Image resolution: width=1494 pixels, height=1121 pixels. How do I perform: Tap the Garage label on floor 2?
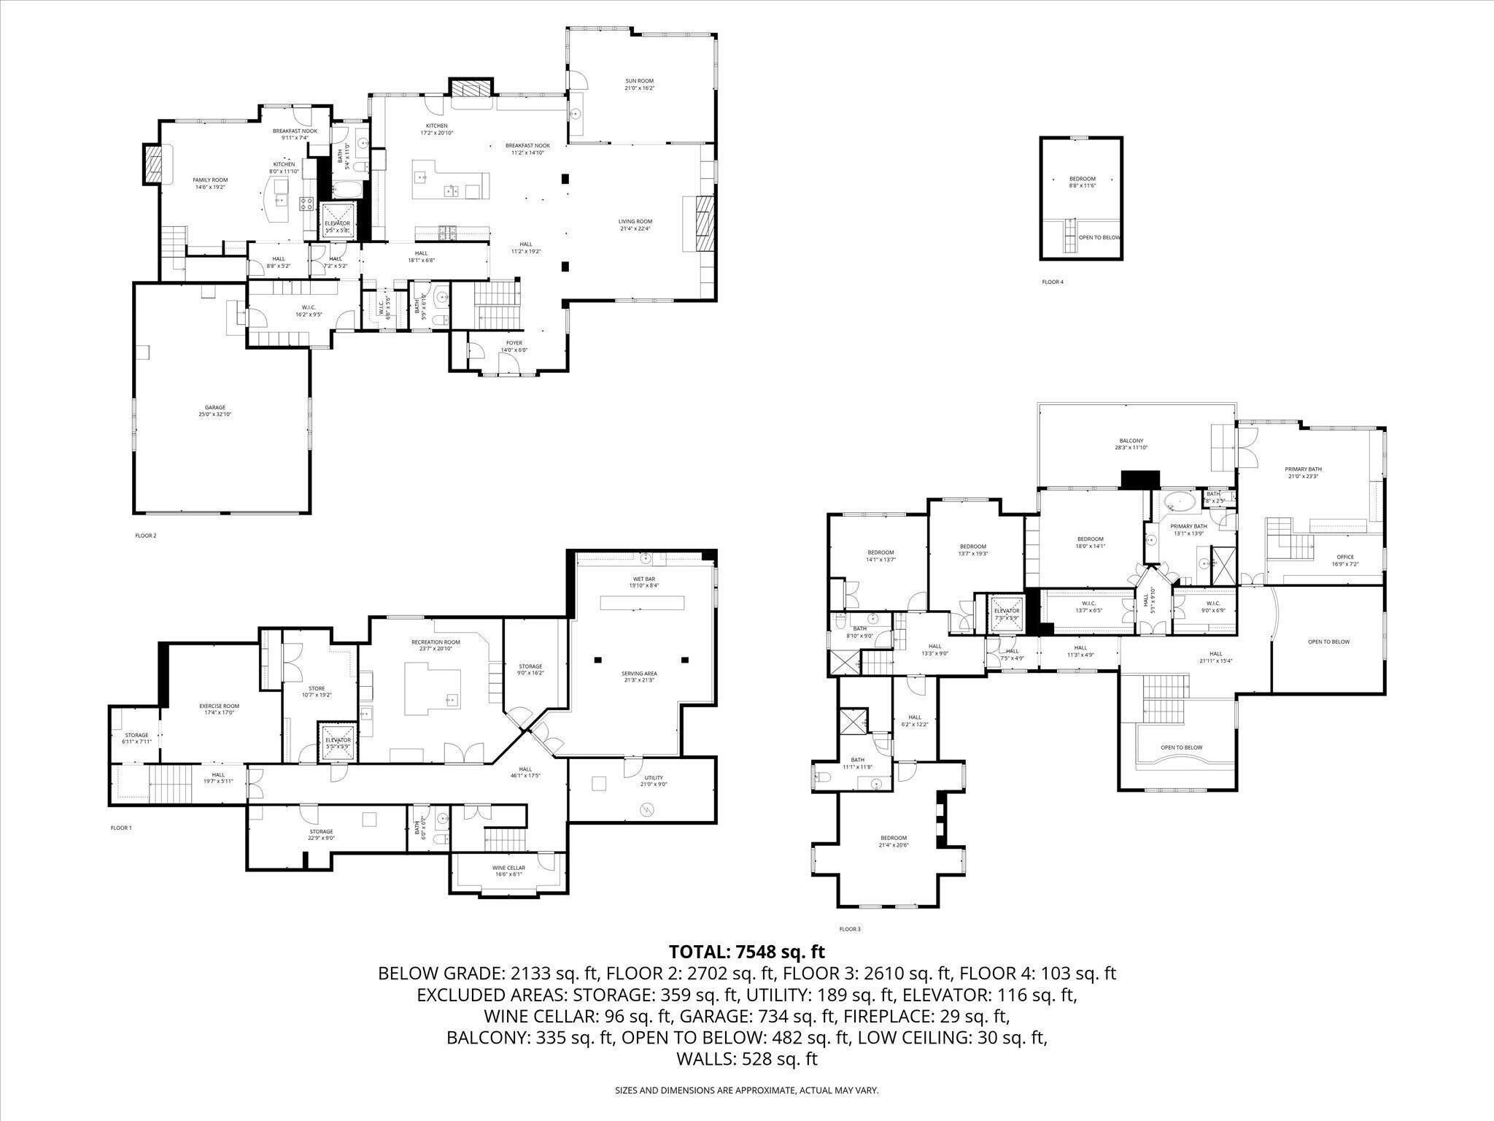pyautogui.click(x=214, y=411)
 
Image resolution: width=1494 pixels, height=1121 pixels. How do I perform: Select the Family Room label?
pyautogui.click(x=210, y=183)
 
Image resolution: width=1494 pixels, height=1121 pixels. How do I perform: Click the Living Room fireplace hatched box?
pyautogui.click(x=703, y=223)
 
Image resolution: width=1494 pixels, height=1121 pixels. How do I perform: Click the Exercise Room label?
pyautogui.click(x=220, y=709)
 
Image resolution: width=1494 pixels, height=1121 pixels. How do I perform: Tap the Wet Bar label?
pyautogui.click(x=643, y=582)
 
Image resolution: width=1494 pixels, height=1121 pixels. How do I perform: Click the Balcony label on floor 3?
pyautogui.click(x=1131, y=444)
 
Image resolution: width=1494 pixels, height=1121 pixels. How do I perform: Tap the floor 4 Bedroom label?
pyautogui.click(x=1082, y=182)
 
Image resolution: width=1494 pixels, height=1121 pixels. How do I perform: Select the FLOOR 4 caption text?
pyautogui.click(x=1053, y=282)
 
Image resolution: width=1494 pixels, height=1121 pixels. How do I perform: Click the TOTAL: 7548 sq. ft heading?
pyautogui.click(x=747, y=952)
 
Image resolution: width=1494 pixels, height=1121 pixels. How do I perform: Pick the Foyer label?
pyautogui.click(x=514, y=346)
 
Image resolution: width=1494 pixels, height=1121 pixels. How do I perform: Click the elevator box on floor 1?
pyautogui.click(x=338, y=743)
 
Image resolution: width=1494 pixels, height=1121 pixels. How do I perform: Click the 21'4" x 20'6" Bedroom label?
pyautogui.click(x=893, y=841)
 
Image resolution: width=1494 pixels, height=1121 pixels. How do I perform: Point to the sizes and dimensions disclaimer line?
pyautogui.click(x=747, y=1090)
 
